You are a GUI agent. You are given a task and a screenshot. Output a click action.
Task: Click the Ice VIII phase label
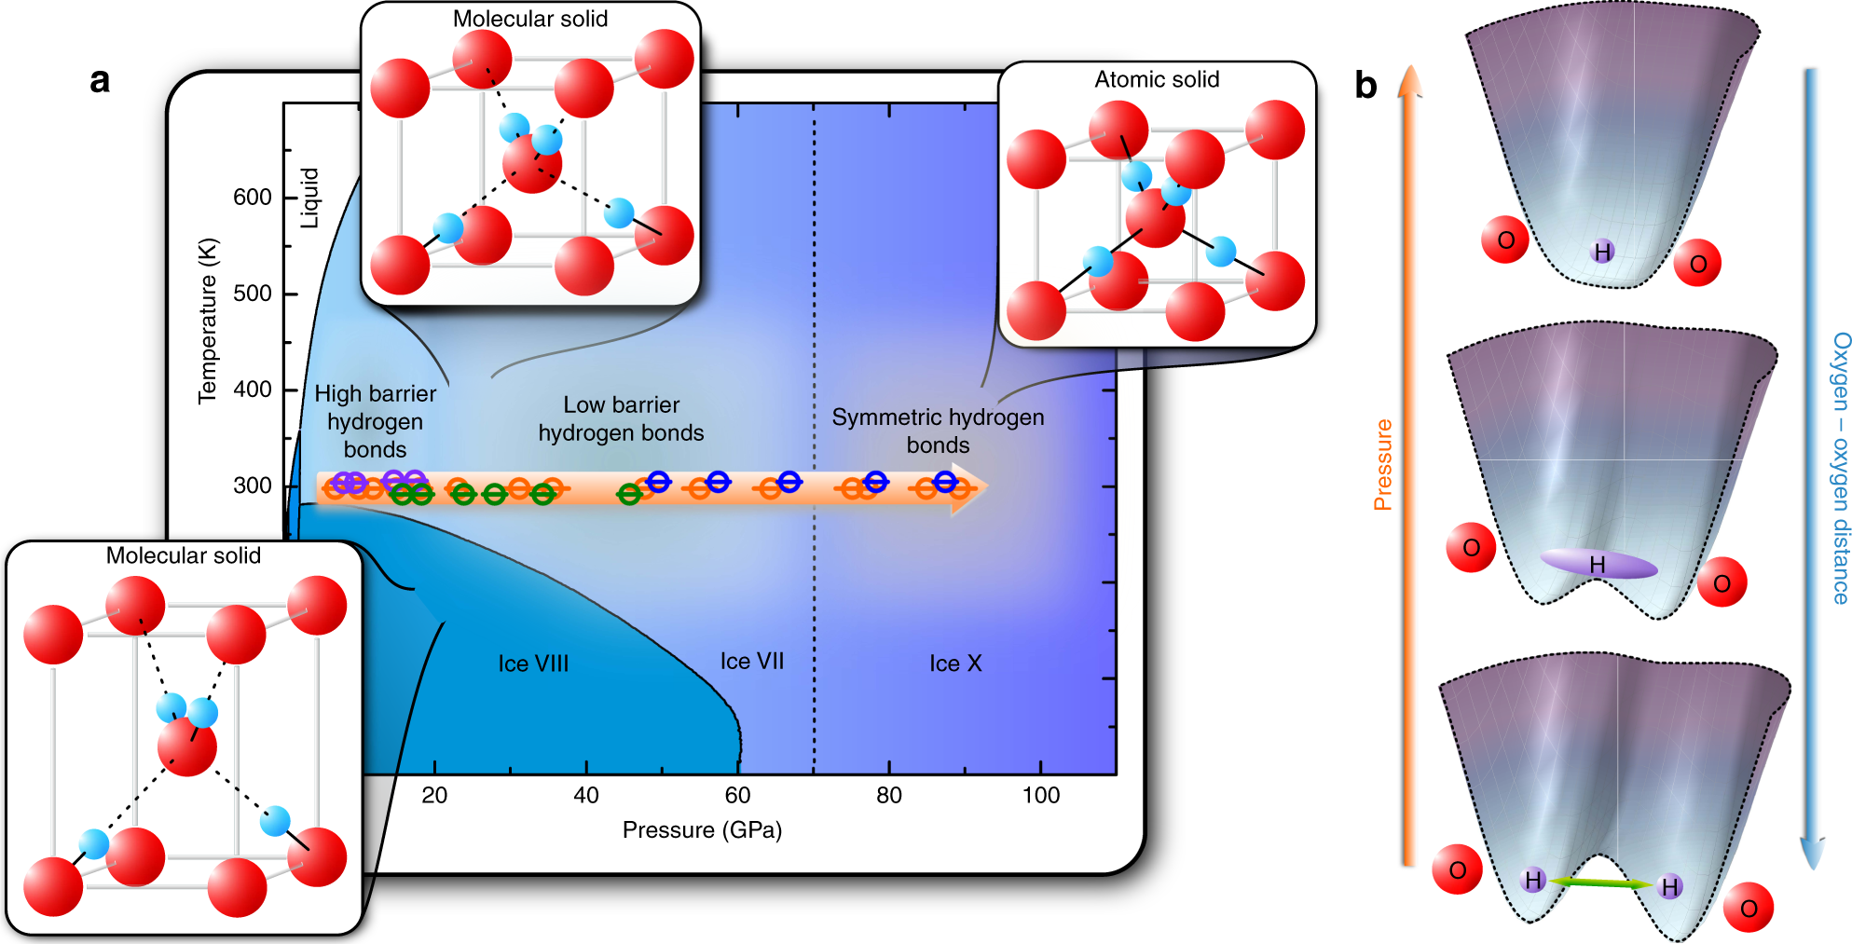coord(533,664)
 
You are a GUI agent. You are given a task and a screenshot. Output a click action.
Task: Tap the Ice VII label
coord(751,662)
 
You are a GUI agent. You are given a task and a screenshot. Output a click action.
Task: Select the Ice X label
coord(955,664)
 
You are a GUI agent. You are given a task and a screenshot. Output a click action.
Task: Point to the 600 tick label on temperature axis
coord(252,198)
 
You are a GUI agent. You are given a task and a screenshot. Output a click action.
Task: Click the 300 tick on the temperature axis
coord(252,486)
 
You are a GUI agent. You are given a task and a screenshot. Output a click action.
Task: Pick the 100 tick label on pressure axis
coord(1040,795)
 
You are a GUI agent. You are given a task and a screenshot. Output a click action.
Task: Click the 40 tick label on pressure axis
coord(585,795)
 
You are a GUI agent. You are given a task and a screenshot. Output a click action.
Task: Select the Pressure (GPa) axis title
coord(702,829)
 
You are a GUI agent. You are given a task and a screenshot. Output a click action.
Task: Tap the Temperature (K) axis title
coord(208,322)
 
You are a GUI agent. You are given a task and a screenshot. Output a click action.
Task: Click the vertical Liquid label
coord(309,198)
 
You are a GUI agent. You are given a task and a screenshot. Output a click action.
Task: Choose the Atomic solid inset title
coord(1157,80)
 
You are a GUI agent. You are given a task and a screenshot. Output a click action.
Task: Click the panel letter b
coord(1365,86)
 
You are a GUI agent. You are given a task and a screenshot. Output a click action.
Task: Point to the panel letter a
coord(100,81)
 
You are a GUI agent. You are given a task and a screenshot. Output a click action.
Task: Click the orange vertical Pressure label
coord(1382,465)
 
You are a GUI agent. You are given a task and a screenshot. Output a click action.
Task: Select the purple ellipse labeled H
coord(1598,565)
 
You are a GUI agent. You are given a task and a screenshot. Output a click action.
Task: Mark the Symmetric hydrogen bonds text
coord(938,431)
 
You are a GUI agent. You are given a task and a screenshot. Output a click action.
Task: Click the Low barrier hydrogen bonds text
coord(621,418)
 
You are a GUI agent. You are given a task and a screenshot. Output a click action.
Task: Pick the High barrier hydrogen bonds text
coord(375,421)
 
